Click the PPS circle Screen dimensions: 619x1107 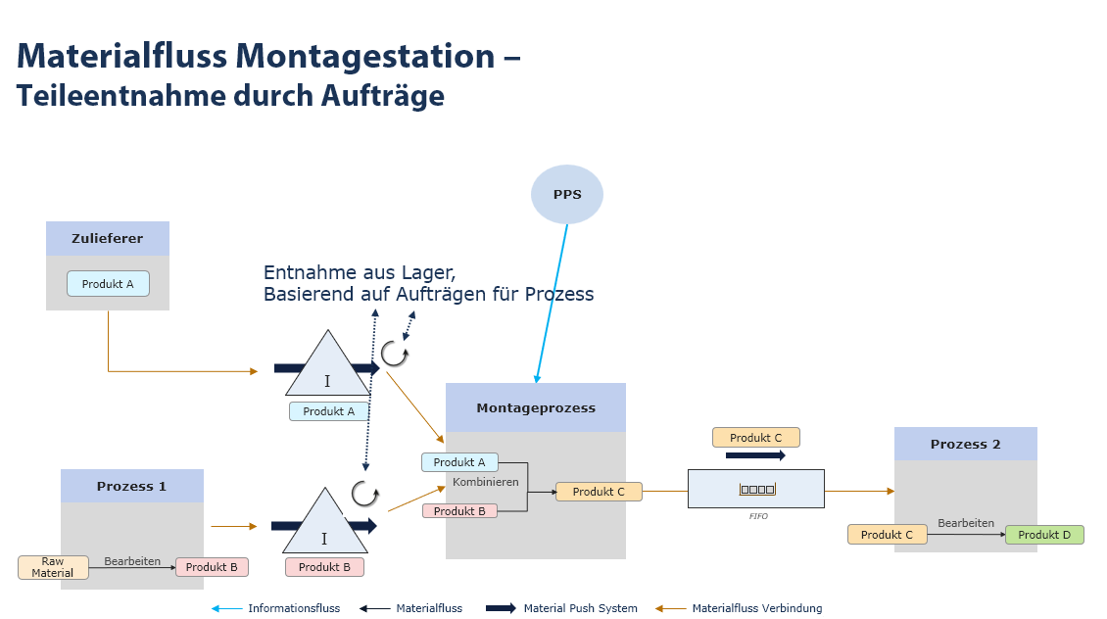[x=567, y=194]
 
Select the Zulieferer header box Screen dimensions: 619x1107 [x=108, y=238]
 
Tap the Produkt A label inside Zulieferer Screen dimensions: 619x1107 [x=108, y=284]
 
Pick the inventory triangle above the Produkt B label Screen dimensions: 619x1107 [x=323, y=528]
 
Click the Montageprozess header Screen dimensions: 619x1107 [x=535, y=407]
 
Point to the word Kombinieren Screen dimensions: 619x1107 [x=485, y=483]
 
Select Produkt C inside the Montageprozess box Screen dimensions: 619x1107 [x=599, y=492]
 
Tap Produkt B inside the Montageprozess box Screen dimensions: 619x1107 [x=459, y=511]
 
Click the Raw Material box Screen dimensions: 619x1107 [x=52, y=567]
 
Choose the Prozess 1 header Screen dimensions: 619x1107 [x=131, y=486]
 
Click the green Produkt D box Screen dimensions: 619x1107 [x=1044, y=535]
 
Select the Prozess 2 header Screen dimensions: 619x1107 [x=965, y=444]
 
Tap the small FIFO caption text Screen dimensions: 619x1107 [x=758, y=516]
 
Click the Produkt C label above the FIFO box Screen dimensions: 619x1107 [x=755, y=438]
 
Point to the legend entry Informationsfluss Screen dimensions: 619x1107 [x=294, y=608]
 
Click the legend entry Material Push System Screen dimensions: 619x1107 [x=580, y=608]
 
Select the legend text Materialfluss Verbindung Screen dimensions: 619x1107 [x=756, y=608]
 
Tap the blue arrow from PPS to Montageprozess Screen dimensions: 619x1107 [x=552, y=304]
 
